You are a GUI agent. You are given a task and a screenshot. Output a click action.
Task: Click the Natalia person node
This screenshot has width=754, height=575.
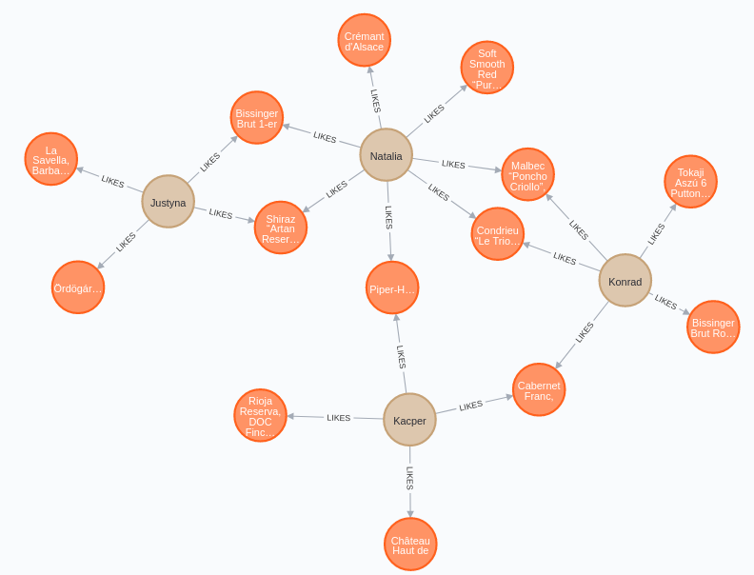pyautogui.click(x=386, y=155)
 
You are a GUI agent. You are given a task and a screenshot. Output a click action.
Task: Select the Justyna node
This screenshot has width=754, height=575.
pyautogui.click(x=168, y=202)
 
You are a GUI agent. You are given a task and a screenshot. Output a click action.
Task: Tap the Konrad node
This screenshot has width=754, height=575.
pyautogui.click(x=625, y=281)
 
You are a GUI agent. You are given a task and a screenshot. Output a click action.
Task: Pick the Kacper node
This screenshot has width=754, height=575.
pyautogui.click(x=409, y=420)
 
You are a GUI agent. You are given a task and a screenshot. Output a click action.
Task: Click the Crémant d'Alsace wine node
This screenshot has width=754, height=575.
pyautogui.click(x=364, y=41)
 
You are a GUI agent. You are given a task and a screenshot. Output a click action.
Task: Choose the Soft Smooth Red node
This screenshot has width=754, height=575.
pyautogui.click(x=486, y=68)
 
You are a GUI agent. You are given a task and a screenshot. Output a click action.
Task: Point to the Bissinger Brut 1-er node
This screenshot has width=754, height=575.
pyautogui.click(x=256, y=118)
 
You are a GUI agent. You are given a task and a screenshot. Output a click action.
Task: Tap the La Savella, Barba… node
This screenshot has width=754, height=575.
pyautogui.click(x=50, y=159)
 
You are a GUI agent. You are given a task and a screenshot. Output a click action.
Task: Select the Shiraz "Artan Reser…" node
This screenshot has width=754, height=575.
pyautogui.click(x=280, y=228)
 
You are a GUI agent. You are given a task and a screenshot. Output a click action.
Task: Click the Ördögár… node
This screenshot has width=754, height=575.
pyautogui.click(x=77, y=287)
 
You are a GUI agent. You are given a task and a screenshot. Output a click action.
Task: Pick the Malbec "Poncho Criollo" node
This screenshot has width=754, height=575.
pyautogui.click(x=527, y=174)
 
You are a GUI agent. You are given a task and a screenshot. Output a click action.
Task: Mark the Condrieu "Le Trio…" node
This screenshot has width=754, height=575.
pyautogui.click(x=497, y=234)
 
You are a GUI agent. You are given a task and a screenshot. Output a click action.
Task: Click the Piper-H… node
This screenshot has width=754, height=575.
pyautogui.click(x=392, y=287)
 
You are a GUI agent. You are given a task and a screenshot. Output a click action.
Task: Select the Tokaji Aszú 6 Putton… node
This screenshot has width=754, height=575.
pyautogui.click(x=690, y=182)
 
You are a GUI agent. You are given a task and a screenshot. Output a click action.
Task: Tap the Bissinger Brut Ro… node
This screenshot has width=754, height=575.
pyautogui.click(x=713, y=327)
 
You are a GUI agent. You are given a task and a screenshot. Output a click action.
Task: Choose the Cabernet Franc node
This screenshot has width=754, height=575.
pyautogui.click(x=539, y=390)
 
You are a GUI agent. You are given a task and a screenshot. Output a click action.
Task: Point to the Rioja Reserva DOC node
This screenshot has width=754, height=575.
pyautogui.click(x=260, y=415)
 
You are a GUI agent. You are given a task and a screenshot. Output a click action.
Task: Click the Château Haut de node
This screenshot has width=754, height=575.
pyautogui.click(x=410, y=545)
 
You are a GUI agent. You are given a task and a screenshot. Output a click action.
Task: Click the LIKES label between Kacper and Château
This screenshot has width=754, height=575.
pyautogui.click(x=410, y=478)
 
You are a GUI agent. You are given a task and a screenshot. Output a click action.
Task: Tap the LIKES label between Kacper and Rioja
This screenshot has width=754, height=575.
pyautogui.click(x=339, y=418)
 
